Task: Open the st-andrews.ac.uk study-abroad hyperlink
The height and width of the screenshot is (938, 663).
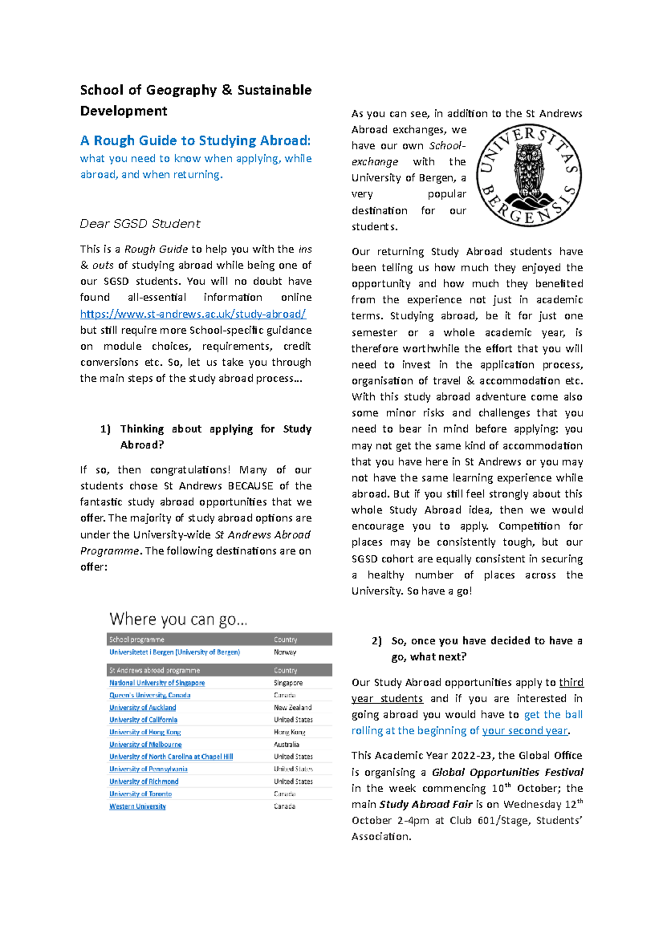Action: pyautogui.click(x=193, y=314)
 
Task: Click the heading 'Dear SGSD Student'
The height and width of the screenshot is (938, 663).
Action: pyautogui.click(x=140, y=224)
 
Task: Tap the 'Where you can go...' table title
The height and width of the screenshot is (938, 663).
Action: pyautogui.click(x=178, y=619)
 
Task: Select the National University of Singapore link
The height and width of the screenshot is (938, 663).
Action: pyautogui.click(x=157, y=683)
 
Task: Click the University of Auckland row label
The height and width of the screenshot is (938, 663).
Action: pyautogui.click(x=143, y=708)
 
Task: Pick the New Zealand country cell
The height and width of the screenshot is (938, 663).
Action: pyautogui.click(x=292, y=708)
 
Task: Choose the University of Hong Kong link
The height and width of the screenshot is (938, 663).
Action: pyautogui.click(x=145, y=732)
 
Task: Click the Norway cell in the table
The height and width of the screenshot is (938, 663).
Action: pyautogui.click(x=285, y=652)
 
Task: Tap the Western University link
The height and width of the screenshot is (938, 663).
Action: pyautogui.click(x=138, y=807)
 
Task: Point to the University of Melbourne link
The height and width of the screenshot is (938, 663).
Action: pyautogui.click(x=145, y=745)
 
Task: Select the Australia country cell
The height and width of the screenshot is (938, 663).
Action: pyautogui.click(x=286, y=745)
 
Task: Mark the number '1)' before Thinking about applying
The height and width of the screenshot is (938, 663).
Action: pyautogui.click(x=106, y=429)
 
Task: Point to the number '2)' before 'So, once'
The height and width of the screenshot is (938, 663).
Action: pyautogui.click(x=377, y=641)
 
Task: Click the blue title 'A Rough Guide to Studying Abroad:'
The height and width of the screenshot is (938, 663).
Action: pyautogui.click(x=195, y=141)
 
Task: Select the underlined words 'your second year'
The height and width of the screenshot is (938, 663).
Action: pyautogui.click(x=524, y=731)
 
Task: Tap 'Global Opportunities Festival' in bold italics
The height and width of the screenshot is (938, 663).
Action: pyautogui.click(x=507, y=772)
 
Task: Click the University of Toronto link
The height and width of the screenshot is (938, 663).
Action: pyautogui.click(x=140, y=794)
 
